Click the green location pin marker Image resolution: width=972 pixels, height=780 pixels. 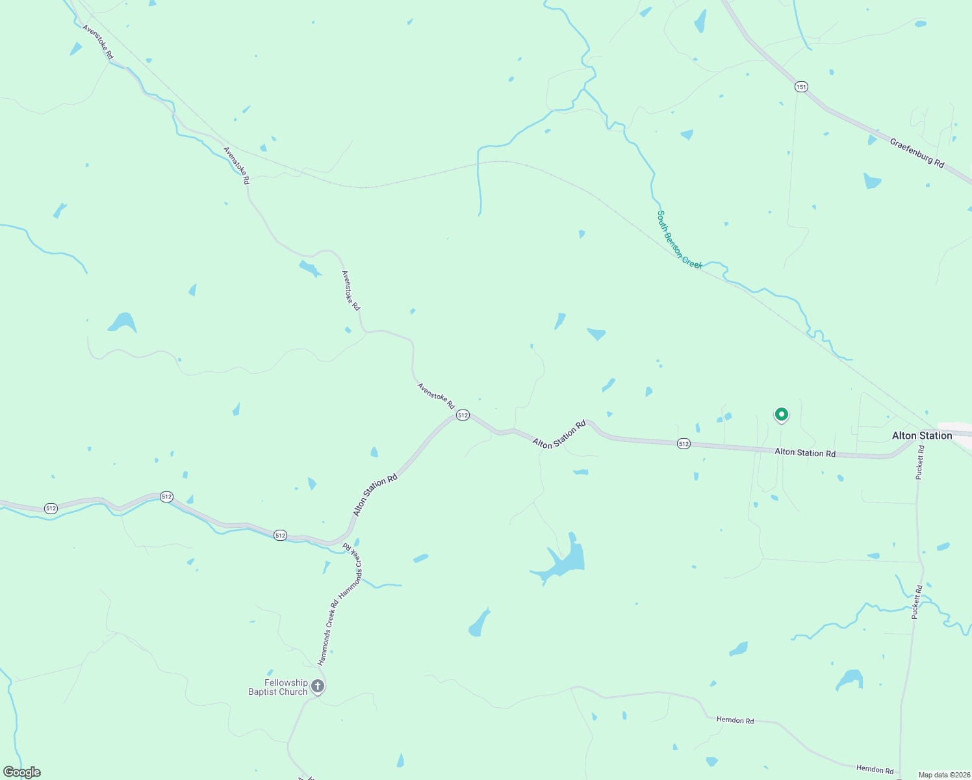point(781,414)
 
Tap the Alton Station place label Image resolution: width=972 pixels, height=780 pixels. point(921,435)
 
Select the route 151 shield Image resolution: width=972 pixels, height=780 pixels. point(801,86)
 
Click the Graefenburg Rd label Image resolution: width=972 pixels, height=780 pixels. point(917,153)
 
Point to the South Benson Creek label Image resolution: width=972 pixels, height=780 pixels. point(679,239)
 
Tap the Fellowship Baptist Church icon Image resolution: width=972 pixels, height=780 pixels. point(318,686)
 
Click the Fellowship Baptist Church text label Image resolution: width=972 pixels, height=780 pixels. point(278,687)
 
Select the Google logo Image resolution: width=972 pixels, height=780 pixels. point(22,772)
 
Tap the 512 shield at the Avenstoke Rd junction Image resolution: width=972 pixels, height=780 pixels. point(463,415)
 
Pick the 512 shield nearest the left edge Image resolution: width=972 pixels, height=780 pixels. point(51,508)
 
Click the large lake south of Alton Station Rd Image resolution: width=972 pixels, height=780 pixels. point(565,560)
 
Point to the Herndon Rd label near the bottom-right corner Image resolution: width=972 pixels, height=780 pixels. point(875,769)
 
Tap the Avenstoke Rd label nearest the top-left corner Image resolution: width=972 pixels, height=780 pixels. point(98,42)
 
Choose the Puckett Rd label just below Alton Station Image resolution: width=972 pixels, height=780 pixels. point(919,463)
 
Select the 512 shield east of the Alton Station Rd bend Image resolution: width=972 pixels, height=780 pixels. point(683,443)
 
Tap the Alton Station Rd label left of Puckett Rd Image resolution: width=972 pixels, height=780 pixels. point(805,452)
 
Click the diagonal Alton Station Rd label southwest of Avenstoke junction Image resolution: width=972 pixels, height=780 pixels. point(375,495)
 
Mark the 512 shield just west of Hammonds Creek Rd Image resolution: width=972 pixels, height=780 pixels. point(280,535)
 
